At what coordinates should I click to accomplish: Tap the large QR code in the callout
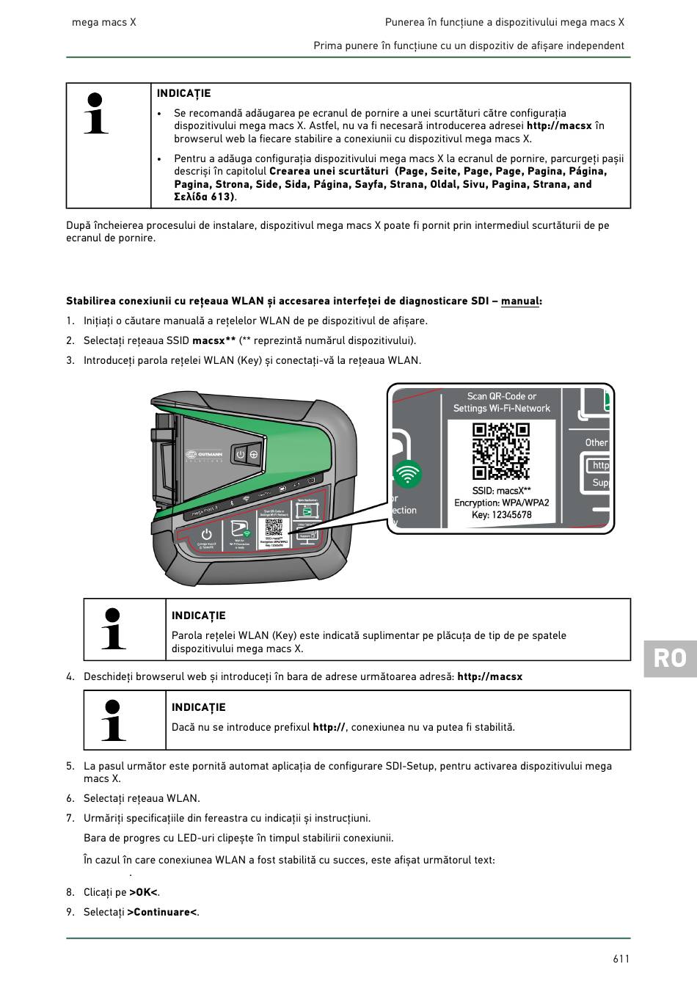point(501,450)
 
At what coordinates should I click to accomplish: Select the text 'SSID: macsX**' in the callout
point(502,491)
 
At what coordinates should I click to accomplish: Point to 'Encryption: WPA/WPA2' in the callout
point(502,503)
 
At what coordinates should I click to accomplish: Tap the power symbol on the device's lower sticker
point(206,533)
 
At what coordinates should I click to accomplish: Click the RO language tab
point(669,658)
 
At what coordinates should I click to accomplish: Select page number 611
point(621,959)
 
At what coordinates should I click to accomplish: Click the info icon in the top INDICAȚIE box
point(96,114)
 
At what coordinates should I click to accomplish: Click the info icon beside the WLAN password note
point(113,629)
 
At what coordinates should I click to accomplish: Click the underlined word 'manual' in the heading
point(520,302)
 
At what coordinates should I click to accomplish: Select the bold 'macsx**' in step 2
point(214,340)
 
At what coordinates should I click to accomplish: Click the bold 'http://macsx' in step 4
point(489,676)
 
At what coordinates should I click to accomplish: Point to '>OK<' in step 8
point(144,893)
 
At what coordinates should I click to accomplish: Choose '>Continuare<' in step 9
point(162,913)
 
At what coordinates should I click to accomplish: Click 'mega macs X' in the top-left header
point(104,23)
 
